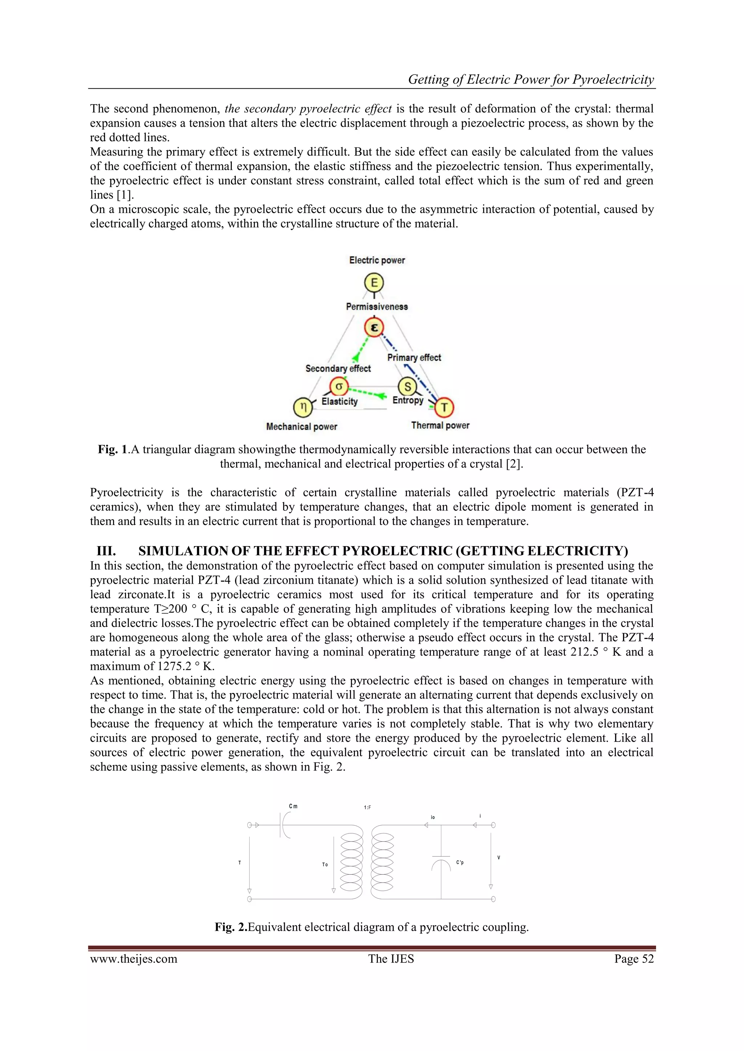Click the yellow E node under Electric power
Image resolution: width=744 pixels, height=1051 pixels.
point(374,282)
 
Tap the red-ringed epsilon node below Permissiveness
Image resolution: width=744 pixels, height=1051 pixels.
point(374,328)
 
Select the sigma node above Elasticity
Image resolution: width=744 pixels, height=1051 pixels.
point(339,386)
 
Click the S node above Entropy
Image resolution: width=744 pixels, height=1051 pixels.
point(407,386)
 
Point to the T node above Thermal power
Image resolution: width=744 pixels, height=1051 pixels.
point(444,407)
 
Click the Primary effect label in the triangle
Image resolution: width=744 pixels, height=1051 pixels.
point(414,358)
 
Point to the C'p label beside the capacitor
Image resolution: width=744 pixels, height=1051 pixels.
point(460,863)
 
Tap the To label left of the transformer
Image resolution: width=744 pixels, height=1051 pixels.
point(325,864)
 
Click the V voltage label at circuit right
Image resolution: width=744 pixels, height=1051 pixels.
point(498,857)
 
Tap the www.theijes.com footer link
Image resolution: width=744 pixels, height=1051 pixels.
point(133,958)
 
